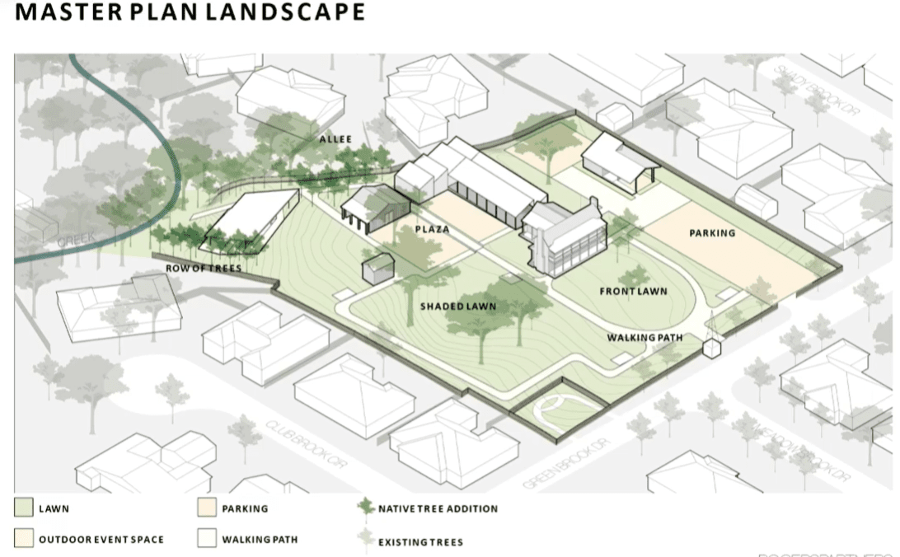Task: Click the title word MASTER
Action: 59,12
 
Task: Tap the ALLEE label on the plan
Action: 335,140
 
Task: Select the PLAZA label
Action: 432,229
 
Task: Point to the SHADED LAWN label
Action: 458,307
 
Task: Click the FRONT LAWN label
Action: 633,292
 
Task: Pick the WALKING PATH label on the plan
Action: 644,338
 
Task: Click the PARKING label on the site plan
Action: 712,233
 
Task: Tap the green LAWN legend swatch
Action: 23,508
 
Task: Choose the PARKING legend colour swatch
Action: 206,508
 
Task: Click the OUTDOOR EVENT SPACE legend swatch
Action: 23,540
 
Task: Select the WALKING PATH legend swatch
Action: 206,540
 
